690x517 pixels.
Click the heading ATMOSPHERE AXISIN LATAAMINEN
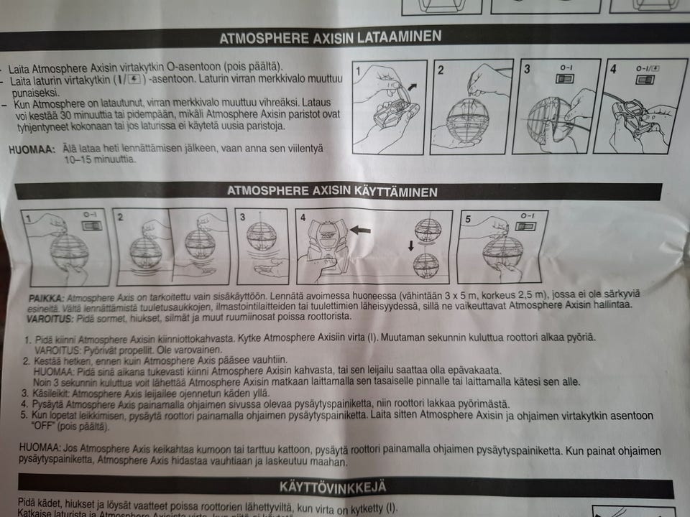coord(330,37)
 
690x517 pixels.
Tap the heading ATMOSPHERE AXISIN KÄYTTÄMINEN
coord(332,191)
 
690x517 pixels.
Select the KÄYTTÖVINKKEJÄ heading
coord(333,487)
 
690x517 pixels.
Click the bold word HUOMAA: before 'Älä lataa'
coord(32,149)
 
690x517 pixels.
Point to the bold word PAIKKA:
coord(46,298)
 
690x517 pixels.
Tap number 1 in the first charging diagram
coord(359,71)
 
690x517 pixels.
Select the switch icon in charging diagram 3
coord(565,78)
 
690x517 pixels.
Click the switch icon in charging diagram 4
coord(645,80)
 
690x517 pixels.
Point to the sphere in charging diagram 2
coord(468,120)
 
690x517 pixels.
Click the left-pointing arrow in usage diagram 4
coord(360,230)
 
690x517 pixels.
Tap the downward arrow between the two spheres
coord(411,246)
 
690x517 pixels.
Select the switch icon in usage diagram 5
coord(526,226)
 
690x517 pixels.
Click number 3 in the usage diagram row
coord(242,217)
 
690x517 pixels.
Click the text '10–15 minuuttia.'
coord(99,159)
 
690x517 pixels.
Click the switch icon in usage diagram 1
coord(92,225)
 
